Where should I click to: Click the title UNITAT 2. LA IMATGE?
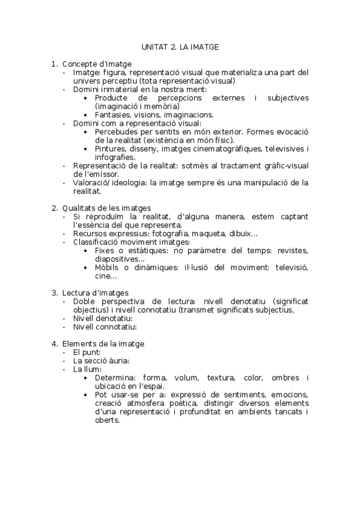pos(180,46)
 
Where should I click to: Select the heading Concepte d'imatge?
pos(97,64)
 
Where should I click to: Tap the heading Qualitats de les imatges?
pos(106,207)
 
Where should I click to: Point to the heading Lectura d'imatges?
pos(95,293)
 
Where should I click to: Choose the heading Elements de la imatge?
pos(103,344)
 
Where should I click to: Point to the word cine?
pos(103,276)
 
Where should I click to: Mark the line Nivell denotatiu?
pos(103,318)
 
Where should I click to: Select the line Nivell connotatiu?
pos(105,327)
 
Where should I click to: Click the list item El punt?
pos(87,352)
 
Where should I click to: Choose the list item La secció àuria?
pos(101,361)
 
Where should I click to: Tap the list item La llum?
pos(87,369)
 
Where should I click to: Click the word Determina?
pos(115,378)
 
